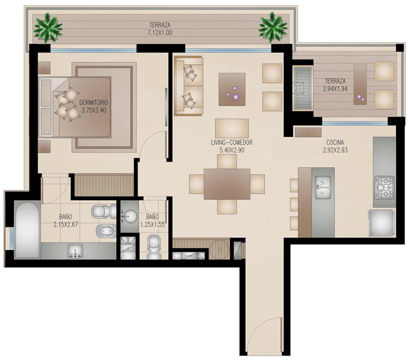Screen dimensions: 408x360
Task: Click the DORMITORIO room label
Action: tap(94, 102)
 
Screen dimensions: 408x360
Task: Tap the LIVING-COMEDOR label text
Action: tap(232, 142)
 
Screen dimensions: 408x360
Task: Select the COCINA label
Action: tap(335, 142)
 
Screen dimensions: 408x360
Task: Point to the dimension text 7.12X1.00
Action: tap(160, 33)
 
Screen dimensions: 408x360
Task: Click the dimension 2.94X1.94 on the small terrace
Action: tap(335, 89)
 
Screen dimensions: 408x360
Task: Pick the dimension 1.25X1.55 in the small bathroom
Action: tap(152, 225)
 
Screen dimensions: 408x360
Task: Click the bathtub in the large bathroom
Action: tap(27, 230)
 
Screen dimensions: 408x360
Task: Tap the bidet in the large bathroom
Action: tap(106, 231)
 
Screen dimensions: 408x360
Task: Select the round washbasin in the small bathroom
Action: tap(130, 216)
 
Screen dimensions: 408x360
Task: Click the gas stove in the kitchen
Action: tap(384, 187)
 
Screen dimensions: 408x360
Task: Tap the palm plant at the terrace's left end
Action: tap(48, 28)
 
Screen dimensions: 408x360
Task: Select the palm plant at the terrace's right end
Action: tap(273, 27)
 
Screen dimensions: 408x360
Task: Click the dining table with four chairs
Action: tap(227, 184)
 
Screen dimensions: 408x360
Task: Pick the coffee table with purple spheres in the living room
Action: tap(232, 89)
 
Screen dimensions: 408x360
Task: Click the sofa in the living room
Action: tap(189, 86)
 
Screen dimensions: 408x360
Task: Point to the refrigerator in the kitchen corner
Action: tap(381, 223)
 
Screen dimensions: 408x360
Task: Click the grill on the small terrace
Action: tap(302, 88)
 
